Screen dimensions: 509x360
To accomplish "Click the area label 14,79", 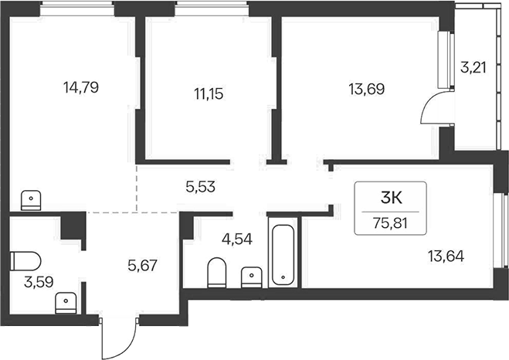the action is tap(81, 87).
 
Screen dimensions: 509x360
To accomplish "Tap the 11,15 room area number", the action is tap(209, 93).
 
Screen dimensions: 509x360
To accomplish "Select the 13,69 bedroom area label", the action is tap(367, 89).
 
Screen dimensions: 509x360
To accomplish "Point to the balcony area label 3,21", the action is tap(473, 68).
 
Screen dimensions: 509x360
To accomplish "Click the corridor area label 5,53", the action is tap(201, 187).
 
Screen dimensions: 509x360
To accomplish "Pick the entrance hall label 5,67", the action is tap(143, 266).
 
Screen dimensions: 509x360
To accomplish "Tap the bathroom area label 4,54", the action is tap(237, 239).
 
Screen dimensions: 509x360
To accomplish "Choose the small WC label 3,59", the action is tap(39, 282).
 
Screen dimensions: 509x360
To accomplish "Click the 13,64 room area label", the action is tap(446, 256).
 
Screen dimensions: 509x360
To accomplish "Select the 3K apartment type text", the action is tap(391, 198).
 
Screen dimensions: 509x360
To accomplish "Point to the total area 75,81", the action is tap(390, 223).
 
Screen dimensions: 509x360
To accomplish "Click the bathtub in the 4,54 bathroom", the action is tap(283, 255).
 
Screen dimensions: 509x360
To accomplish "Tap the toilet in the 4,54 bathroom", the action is tap(216, 273).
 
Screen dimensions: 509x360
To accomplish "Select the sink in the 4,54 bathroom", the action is tap(252, 277).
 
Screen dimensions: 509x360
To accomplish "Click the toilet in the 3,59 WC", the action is tap(25, 261).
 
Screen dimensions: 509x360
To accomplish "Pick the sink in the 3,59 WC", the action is tap(66, 303).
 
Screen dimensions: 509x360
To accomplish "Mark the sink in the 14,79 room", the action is tap(31, 200).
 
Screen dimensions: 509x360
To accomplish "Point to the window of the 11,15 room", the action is tap(212, 8).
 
